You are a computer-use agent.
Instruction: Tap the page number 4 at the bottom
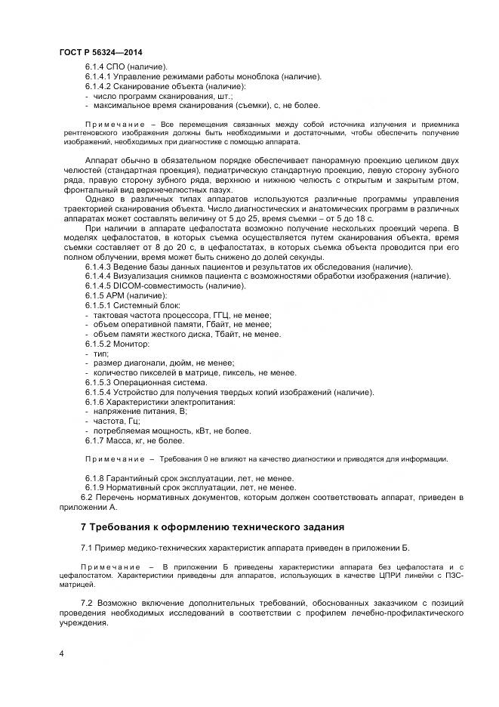tap(61, 653)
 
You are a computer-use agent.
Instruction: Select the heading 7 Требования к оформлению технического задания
tap(212, 526)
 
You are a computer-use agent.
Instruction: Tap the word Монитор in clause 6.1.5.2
tap(133, 344)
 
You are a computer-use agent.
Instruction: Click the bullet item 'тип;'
tap(100, 353)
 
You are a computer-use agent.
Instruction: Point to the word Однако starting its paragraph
tap(101, 199)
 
